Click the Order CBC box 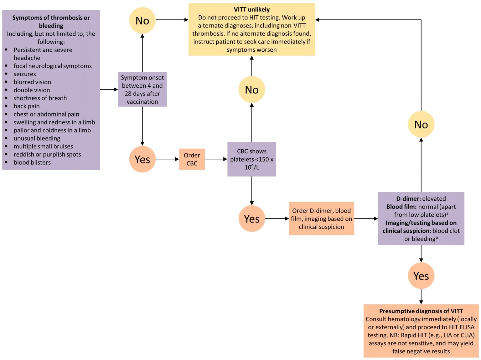[192, 159]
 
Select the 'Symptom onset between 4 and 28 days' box [142, 90]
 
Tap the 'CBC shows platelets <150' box [251, 159]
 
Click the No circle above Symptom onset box [142, 20]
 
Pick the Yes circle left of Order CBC [142, 159]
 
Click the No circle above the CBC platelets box [251, 90]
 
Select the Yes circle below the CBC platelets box [251, 219]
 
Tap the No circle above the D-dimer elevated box [421, 124]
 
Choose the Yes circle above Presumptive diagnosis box [421, 276]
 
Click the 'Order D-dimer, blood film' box [321, 219]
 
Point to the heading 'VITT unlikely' [251, 9]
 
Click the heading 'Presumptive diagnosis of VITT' [421, 311]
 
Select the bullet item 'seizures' [25, 74]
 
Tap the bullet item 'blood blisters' [32, 162]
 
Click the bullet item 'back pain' [27, 106]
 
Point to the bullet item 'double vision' [32, 90]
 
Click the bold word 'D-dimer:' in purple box [408, 198]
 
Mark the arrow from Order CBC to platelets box [216, 159]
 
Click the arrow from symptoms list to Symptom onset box [109, 90]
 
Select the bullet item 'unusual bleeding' [37, 138]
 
